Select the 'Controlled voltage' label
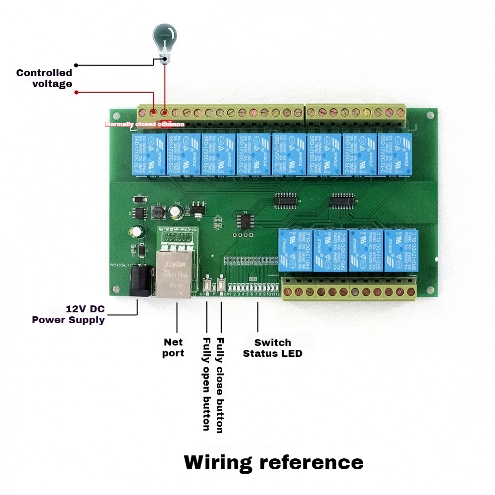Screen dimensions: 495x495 click(45, 78)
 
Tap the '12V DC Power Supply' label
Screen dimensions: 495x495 click(68, 314)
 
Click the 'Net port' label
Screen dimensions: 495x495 click(173, 347)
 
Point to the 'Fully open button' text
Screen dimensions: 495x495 click(206, 384)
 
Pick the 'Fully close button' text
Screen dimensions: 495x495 click(220, 385)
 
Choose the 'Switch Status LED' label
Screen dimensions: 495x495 click(272, 348)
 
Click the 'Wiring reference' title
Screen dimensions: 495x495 click(273, 462)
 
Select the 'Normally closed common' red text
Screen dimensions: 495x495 click(145, 124)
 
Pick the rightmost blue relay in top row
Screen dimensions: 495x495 click(394, 154)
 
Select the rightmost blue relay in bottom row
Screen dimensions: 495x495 click(401, 250)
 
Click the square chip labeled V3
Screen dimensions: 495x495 click(244, 222)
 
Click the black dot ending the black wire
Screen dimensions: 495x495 click(76, 65)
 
